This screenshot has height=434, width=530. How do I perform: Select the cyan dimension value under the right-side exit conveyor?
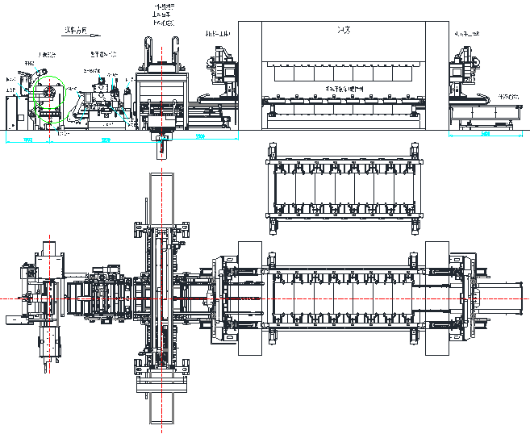[486, 134]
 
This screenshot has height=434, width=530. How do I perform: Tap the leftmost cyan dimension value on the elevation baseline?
[27, 140]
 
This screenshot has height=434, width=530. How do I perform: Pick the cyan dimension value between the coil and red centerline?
[105, 140]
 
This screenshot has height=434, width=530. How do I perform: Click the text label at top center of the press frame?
[342, 31]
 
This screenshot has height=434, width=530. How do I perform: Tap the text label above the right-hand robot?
[468, 35]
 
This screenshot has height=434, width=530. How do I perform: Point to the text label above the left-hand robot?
[218, 35]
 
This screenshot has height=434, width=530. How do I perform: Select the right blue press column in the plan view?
[437, 298]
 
